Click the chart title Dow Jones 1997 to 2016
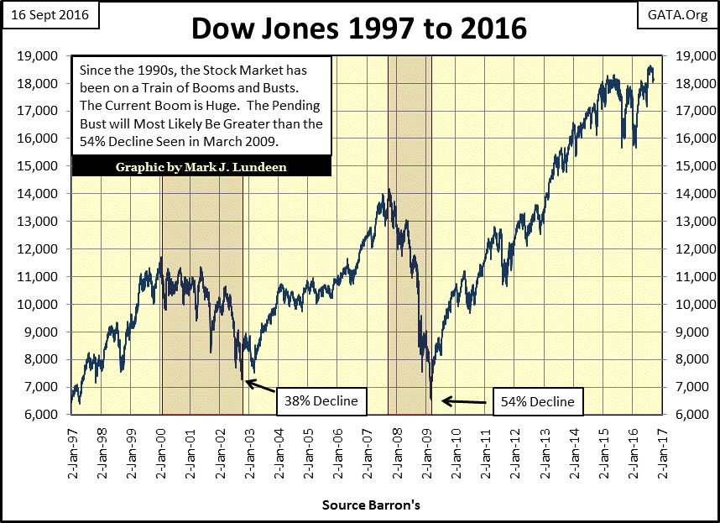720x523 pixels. click(359, 28)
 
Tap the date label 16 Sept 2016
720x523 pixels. click(51, 15)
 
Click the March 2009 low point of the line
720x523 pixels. click(431, 400)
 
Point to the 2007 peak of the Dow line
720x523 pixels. click(389, 191)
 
